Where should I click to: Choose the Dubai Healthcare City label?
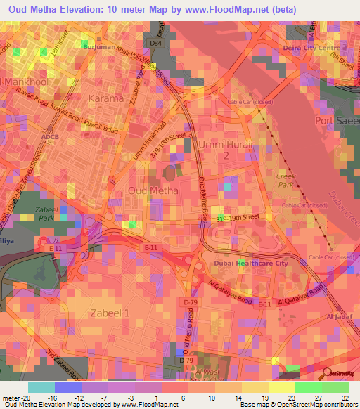[x=250, y=263]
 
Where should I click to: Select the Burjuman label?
[x=99, y=46]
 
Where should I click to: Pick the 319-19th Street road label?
[x=243, y=219]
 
